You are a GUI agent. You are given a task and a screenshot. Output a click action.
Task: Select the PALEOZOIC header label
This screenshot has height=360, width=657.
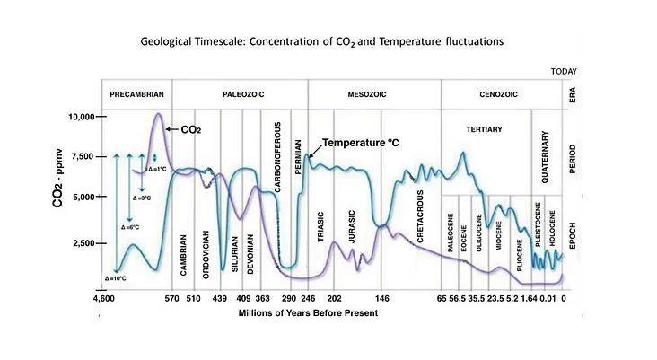239,94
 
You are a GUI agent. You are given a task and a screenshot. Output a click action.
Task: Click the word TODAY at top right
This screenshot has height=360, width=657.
561,72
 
